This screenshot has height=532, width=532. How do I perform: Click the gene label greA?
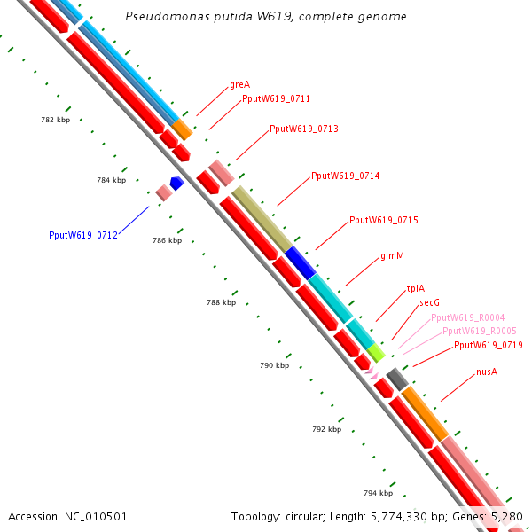(x=239, y=85)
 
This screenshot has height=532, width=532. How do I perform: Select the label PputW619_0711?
(x=276, y=99)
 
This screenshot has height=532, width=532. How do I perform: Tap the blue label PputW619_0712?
(x=82, y=236)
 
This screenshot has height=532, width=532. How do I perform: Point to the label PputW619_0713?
(x=303, y=129)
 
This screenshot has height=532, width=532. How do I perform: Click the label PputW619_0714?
(x=345, y=176)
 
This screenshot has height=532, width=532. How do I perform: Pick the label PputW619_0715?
(x=383, y=220)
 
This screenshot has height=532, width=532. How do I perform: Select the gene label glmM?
(x=392, y=256)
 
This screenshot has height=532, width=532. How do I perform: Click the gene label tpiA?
(x=415, y=288)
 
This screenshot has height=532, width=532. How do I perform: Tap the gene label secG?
(x=429, y=302)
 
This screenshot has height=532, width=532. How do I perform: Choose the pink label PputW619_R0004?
(x=467, y=317)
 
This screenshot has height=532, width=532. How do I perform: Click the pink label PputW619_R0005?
(x=479, y=331)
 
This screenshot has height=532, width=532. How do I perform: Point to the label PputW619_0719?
(x=488, y=346)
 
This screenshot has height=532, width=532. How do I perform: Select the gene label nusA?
(x=486, y=372)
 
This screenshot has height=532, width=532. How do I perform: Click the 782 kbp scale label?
(x=55, y=120)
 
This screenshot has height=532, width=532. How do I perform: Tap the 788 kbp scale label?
(x=222, y=302)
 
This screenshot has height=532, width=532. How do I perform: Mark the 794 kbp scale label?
(x=378, y=493)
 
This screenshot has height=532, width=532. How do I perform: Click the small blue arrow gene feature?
(x=176, y=183)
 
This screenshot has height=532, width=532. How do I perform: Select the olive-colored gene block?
(x=261, y=218)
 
